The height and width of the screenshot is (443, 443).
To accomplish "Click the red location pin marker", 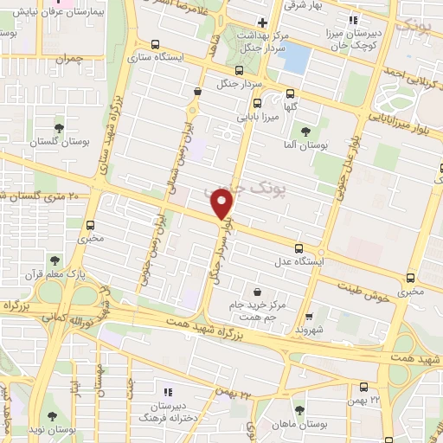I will [x=223, y=203].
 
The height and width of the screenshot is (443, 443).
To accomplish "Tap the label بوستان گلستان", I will [x=58, y=140].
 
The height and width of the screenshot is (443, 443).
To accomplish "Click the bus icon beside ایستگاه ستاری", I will [x=154, y=44].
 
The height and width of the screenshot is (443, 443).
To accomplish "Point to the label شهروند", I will [x=309, y=330].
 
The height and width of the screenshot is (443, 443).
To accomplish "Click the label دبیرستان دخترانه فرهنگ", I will [x=168, y=410].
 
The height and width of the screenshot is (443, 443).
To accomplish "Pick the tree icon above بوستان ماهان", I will [x=299, y=409].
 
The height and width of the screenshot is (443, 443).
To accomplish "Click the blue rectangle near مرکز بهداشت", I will [x=296, y=58].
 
